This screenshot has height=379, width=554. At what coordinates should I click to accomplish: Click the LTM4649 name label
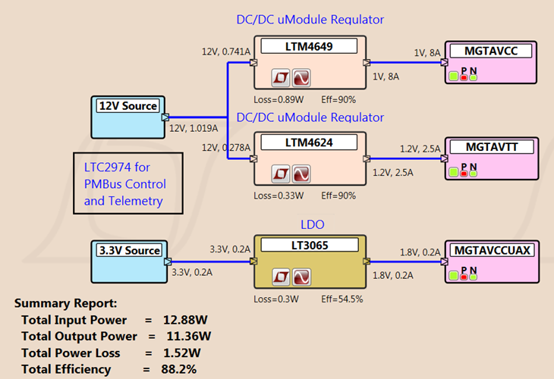click(308, 47)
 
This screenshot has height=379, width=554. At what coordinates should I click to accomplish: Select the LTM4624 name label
click(308, 143)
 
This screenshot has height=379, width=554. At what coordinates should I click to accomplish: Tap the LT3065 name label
click(308, 246)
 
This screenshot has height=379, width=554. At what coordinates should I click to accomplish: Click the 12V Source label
click(127, 106)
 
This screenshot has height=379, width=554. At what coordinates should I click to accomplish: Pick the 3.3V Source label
click(130, 250)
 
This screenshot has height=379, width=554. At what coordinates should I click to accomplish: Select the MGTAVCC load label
click(490, 51)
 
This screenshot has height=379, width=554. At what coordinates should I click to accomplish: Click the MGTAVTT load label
click(490, 146)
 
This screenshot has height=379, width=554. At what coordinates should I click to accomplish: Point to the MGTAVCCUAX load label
click(490, 249)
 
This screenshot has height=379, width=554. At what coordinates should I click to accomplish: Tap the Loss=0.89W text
click(279, 99)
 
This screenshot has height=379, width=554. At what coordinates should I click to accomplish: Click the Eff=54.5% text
click(342, 299)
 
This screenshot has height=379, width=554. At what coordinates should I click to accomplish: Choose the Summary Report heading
click(66, 303)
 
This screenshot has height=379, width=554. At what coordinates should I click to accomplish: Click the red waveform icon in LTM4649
click(303, 78)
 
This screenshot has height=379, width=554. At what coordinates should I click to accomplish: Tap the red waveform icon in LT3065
click(303, 277)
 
